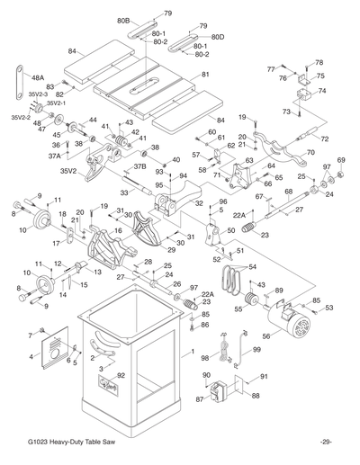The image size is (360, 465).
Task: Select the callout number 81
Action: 205,75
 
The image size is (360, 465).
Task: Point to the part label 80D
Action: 217,37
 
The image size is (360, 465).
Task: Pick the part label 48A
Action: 39,78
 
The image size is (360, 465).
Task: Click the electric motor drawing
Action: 291,321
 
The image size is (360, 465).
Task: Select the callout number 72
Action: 324,140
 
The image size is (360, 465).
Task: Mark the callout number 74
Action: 322,92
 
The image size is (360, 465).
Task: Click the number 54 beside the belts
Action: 251,267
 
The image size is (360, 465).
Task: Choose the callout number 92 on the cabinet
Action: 121,375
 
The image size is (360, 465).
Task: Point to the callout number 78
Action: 319,62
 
